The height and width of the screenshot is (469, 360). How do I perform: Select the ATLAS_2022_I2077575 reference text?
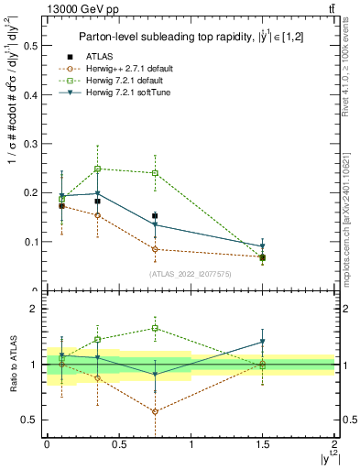tap(191, 274)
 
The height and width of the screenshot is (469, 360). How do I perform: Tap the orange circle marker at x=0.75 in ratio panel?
tap(155, 411)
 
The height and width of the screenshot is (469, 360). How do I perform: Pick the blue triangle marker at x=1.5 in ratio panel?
tap(263, 342)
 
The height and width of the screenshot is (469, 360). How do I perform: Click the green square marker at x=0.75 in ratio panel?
tap(155, 328)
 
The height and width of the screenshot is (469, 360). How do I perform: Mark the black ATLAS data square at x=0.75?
tap(155, 216)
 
